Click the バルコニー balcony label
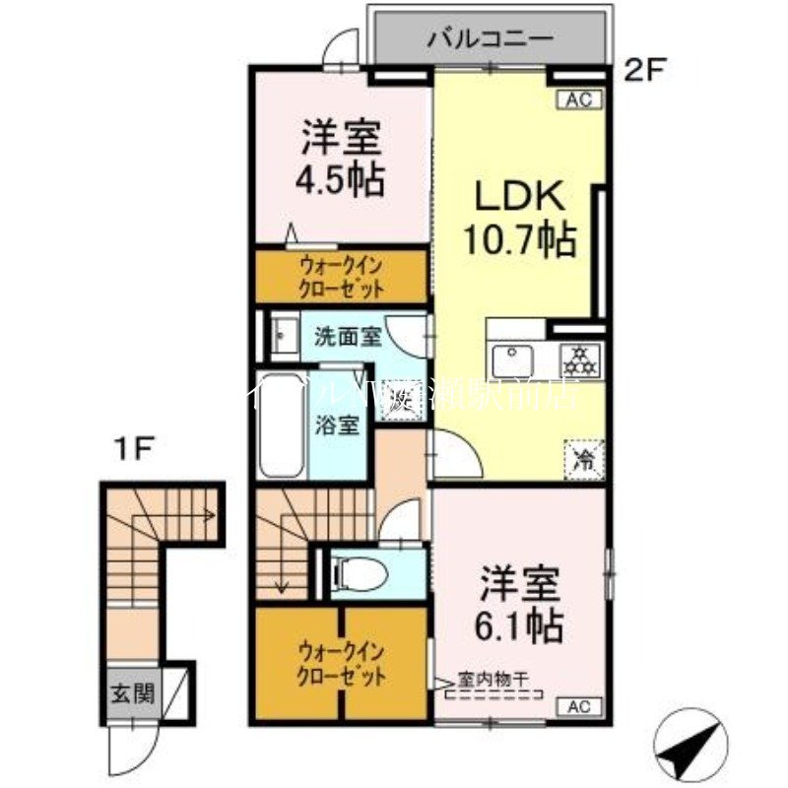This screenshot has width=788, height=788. tap(490, 40)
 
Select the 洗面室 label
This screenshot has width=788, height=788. tap(347, 337)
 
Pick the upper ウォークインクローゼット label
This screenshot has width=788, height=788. tap(342, 277)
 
